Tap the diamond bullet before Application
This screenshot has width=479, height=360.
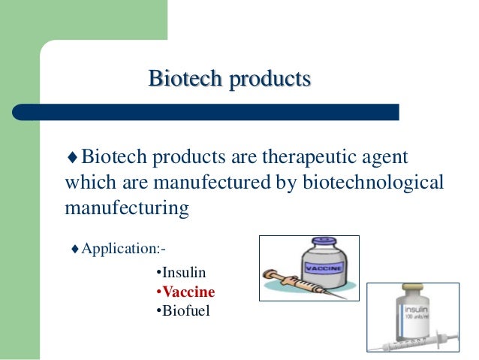pos(74,249)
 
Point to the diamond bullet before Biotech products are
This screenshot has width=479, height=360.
pos(72,159)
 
